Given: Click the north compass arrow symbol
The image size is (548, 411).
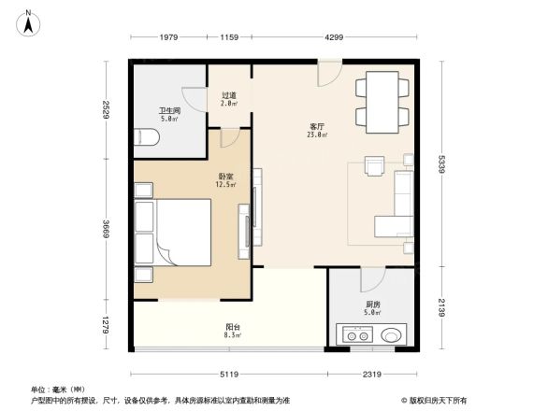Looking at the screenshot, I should [x=29, y=21].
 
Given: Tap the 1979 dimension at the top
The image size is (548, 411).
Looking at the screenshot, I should [x=169, y=37].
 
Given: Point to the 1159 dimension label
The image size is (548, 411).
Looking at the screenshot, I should [x=229, y=37].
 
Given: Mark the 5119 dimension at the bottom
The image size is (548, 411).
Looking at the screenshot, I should [x=230, y=374].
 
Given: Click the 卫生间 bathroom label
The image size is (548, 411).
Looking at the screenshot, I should [x=169, y=112].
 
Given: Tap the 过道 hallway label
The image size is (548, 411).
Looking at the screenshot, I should [x=229, y=96].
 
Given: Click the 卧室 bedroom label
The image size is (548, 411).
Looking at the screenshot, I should [x=225, y=177].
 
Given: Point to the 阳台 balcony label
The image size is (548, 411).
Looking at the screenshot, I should [x=230, y=329].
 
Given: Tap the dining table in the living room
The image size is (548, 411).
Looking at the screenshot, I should [x=382, y=105].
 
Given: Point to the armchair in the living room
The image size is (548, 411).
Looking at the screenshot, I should [x=376, y=166].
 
